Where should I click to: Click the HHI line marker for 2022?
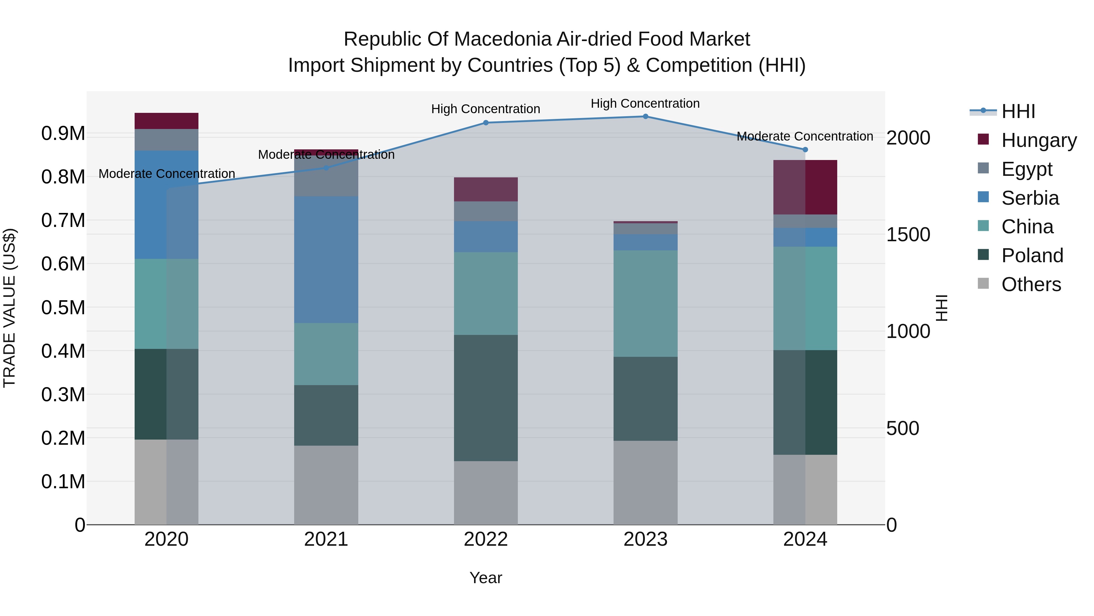pyautogui.click(x=486, y=123)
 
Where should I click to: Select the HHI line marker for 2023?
pyautogui.click(x=645, y=117)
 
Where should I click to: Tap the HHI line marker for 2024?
pyautogui.click(x=805, y=150)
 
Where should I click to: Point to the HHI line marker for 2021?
pyautogui.click(x=326, y=168)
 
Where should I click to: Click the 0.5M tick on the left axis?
pyautogui.click(x=63, y=307)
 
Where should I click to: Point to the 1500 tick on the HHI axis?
pyautogui.click(x=908, y=235)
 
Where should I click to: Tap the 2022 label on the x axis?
pyautogui.click(x=486, y=539)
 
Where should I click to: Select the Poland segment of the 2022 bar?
pyautogui.click(x=486, y=398)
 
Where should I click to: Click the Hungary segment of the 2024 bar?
pyautogui.click(x=805, y=187)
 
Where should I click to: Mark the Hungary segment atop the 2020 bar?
pyautogui.click(x=167, y=121)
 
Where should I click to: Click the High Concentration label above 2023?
pyautogui.click(x=645, y=103)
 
